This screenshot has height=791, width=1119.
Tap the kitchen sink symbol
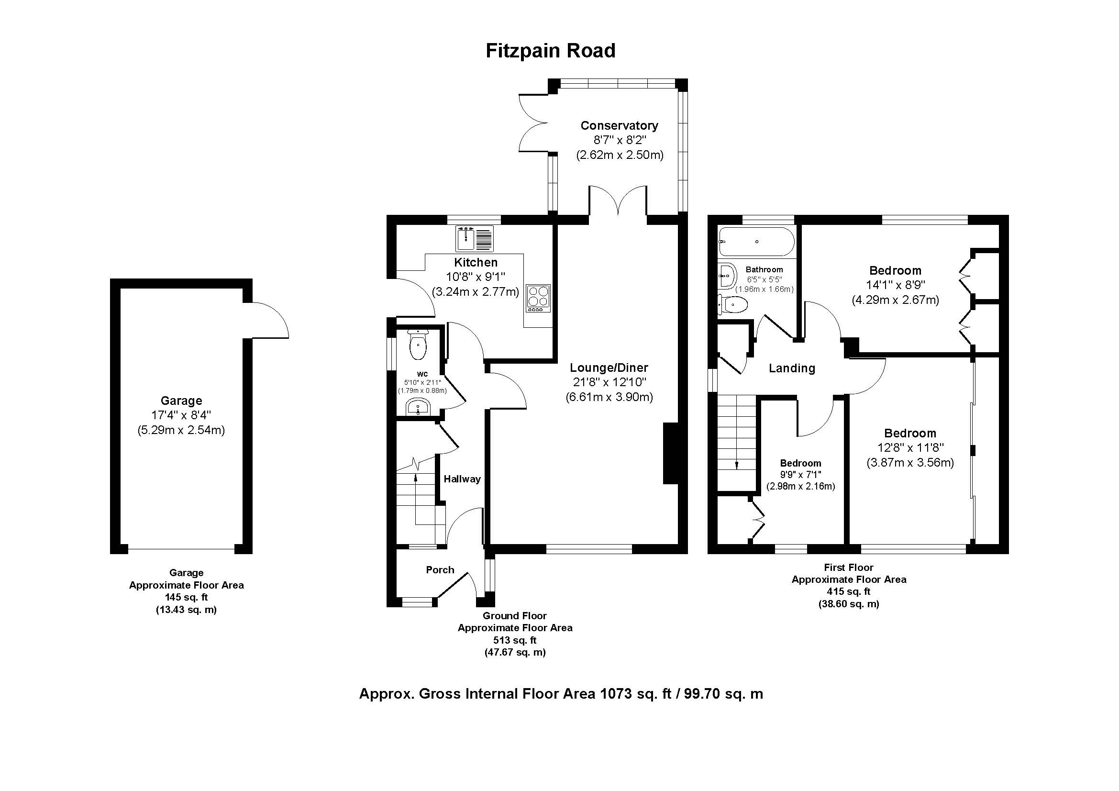pyautogui.click(x=475, y=238)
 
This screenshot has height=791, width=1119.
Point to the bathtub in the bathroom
pyautogui.click(x=756, y=242)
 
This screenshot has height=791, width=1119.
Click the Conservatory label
pyautogui.click(x=619, y=125)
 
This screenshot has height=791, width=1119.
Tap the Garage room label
pyautogui.click(x=181, y=401)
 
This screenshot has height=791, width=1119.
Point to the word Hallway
pyautogui.click(x=462, y=479)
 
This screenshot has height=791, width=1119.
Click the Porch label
pyautogui.click(x=440, y=570)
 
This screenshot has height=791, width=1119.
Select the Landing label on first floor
pyautogui.click(x=791, y=368)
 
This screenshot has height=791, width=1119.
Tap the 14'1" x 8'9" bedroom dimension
pyautogui.click(x=895, y=285)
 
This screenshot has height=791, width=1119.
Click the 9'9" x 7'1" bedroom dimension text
pyautogui.click(x=800, y=474)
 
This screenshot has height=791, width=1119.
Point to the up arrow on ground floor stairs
pyautogui.click(x=415, y=478)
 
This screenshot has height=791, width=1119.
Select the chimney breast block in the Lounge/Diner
pyautogui.click(x=671, y=453)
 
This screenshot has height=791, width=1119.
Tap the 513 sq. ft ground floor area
pyautogui.click(x=515, y=640)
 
